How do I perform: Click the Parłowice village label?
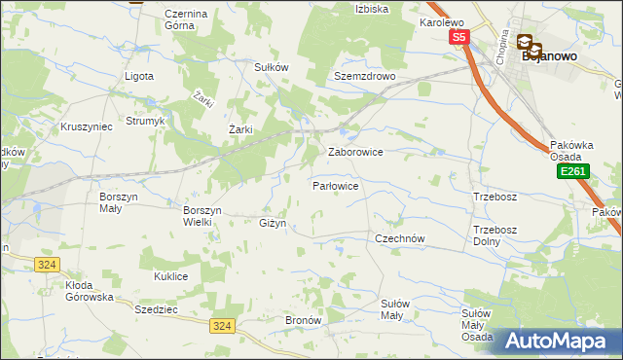pos(336,185)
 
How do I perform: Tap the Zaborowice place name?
pos(355,153)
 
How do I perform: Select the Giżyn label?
pos(273,224)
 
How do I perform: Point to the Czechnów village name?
pos(400,237)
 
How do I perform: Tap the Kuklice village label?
pos(170,276)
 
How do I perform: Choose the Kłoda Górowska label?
pos(90,291)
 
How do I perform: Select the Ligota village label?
pos(140,76)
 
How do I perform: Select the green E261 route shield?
pos(571,171)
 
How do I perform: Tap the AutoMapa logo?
pos(559,341)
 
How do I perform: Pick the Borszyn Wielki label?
pos(203,215)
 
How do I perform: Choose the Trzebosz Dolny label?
pos(492,235)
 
